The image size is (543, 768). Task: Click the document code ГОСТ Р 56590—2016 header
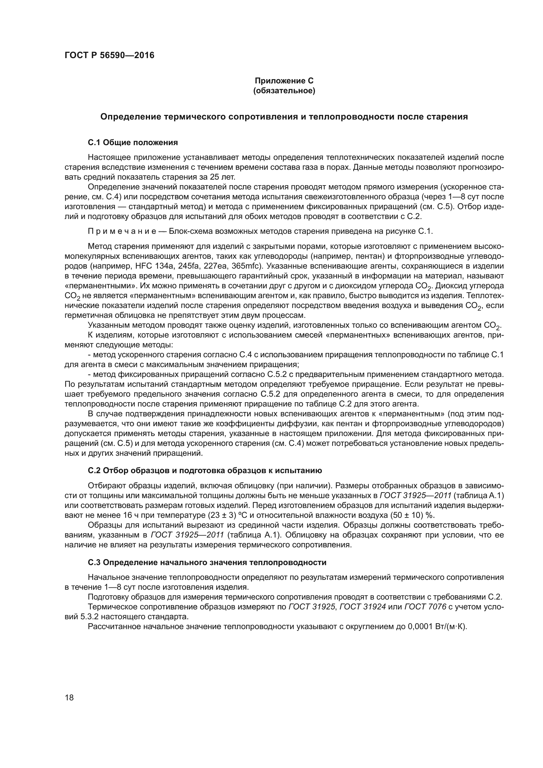pyautogui.click(x=109, y=55)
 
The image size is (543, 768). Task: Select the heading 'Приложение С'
pyautogui.click(x=284, y=81)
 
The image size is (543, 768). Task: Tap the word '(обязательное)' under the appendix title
pyautogui.click(x=284, y=91)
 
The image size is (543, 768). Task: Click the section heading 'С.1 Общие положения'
pyautogui.click(x=133, y=143)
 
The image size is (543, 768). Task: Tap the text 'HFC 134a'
pyautogui.click(x=151, y=266)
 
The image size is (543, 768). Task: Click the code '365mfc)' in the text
pyautogui.click(x=247, y=266)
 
